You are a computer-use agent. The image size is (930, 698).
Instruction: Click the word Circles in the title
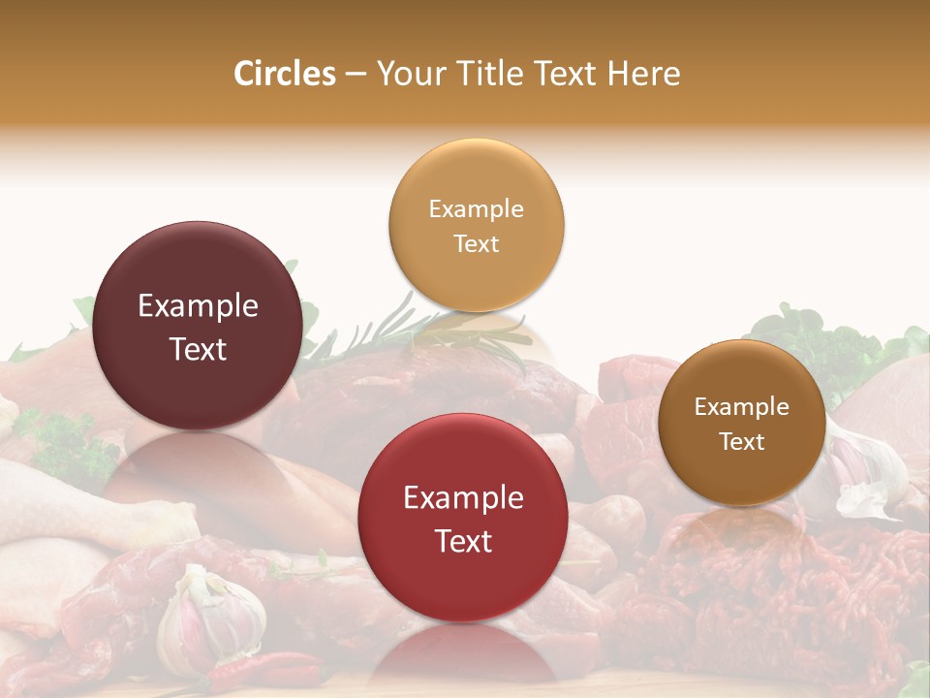pyautogui.click(x=285, y=74)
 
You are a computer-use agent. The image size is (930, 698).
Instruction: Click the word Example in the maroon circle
pyautogui.click(x=198, y=306)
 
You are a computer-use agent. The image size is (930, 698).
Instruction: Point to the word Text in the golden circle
pyautogui.click(x=476, y=243)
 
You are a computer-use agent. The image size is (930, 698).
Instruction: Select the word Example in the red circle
pyautogui.click(x=463, y=498)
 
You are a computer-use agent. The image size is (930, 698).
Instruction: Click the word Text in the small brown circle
pyautogui.click(x=741, y=441)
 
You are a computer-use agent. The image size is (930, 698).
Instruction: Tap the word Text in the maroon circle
pyautogui.click(x=198, y=349)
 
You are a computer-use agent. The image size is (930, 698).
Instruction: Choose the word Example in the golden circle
pyautogui.click(x=476, y=209)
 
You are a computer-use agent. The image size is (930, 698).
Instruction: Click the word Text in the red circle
pyautogui.click(x=463, y=541)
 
